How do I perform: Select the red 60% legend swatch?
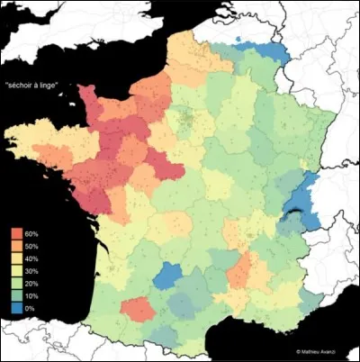click(x=17, y=233)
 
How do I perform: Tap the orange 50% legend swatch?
click(x=17, y=245)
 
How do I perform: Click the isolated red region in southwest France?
click(x=136, y=309)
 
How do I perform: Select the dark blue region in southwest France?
click(x=166, y=275)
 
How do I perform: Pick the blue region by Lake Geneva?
click(x=306, y=194)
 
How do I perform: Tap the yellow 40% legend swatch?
click(x=17, y=258)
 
